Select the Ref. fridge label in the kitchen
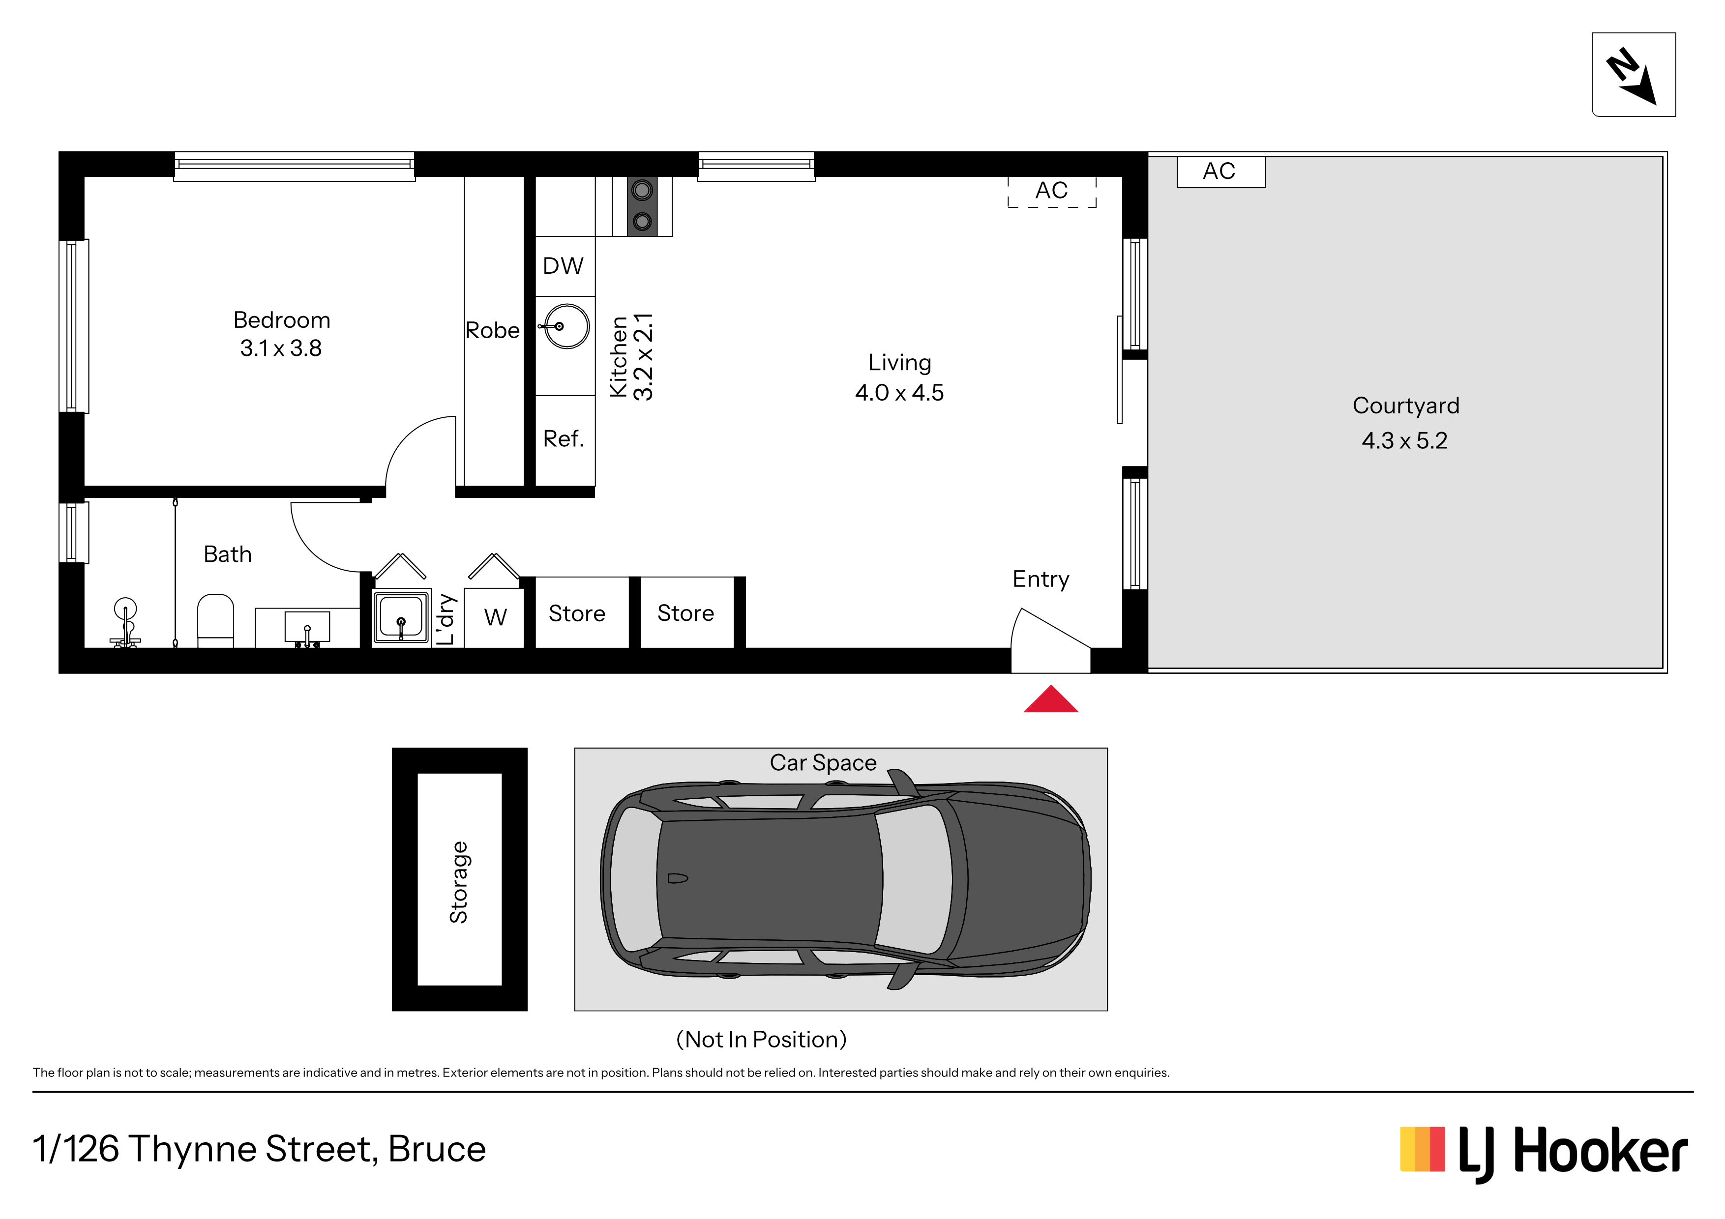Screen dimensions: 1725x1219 (564, 438)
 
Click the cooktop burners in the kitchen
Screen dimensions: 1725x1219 (642, 206)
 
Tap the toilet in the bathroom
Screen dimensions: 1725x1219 (215, 620)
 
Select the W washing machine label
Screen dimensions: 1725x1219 (495, 617)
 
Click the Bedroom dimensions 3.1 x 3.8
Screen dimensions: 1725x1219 (281, 348)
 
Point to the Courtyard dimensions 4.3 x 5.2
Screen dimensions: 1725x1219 (1404, 441)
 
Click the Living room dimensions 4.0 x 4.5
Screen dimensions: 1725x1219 (899, 393)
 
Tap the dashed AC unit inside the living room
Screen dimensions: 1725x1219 (1052, 192)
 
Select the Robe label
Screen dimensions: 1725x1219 (492, 330)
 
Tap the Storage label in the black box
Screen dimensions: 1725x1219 (458, 882)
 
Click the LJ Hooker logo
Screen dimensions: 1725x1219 (1544, 1153)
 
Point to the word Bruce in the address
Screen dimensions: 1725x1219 (437, 1149)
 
